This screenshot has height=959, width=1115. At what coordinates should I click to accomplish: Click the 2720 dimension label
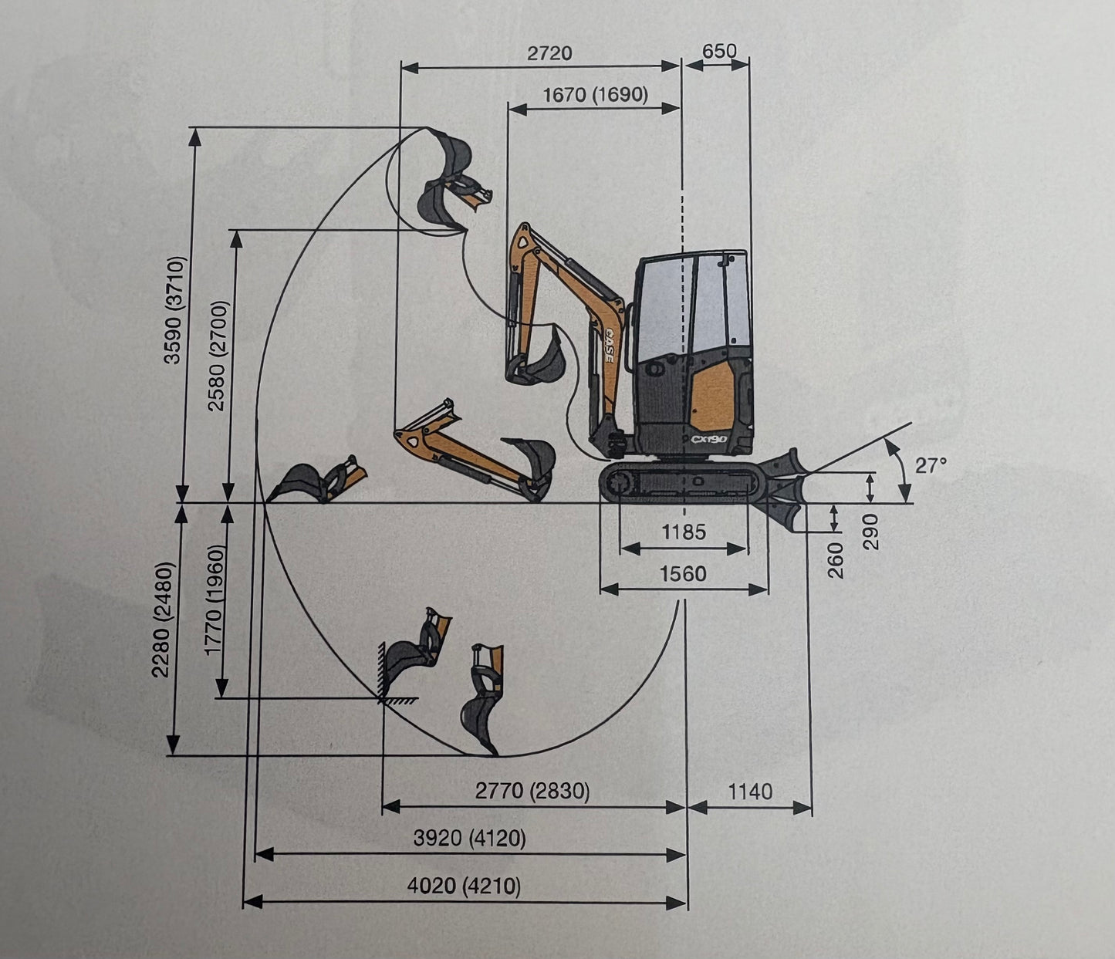click(x=549, y=53)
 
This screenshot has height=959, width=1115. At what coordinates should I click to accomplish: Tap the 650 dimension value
click(x=719, y=51)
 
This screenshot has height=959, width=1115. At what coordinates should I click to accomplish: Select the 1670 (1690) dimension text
click(x=595, y=95)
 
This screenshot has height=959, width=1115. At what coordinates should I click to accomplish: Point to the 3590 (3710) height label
click(x=175, y=310)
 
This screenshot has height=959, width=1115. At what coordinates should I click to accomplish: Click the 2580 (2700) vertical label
click(x=218, y=356)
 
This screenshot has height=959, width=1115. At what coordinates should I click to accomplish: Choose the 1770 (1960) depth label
click(x=215, y=599)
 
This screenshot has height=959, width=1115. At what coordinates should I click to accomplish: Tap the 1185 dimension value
click(x=684, y=532)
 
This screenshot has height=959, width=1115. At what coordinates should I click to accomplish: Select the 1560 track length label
click(x=683, y=573)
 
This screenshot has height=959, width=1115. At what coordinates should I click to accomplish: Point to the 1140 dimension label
click(x=750, y=792)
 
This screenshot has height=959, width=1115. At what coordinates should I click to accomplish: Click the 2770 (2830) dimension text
click(x=532, y=791)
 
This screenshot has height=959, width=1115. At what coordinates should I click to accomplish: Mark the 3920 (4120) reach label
click(x=469, y=838)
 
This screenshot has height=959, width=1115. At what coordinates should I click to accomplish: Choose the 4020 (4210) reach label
click(x=464, y=886)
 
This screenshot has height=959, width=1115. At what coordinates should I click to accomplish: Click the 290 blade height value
click(x=870, y=532)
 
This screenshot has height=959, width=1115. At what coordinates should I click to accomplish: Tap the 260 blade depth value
click(x=835, y=561)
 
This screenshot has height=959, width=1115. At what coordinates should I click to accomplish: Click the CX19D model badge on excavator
click(x=709, y=439)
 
